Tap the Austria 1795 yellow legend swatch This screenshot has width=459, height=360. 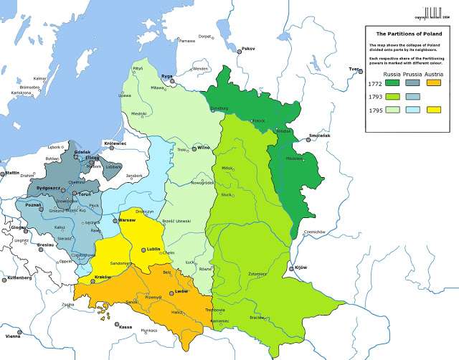coord(434,110)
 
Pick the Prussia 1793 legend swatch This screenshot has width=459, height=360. coord(413,98)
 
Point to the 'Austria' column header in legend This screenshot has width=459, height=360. coord(433,75)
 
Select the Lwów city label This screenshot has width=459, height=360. coord(181,292)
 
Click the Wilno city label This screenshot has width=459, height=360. coord(203,147)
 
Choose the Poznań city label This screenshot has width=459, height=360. coord(33,204)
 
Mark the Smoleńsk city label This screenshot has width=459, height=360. coord(320,135)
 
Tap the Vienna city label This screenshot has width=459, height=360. coord(13,336)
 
